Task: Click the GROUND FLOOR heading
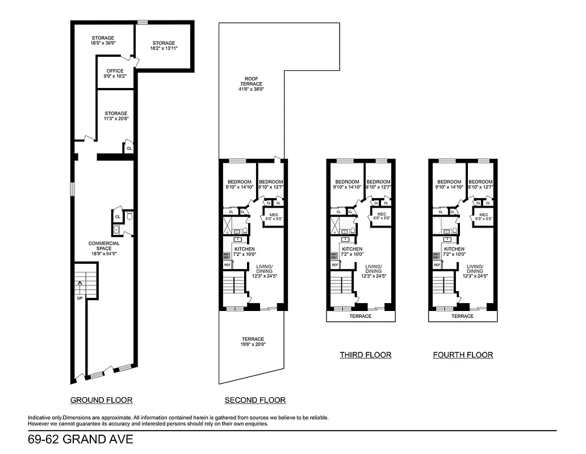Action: point(101,400)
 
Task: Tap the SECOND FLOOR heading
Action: point(255,400)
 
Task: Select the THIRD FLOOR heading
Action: point(365,355)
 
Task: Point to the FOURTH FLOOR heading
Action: point(463,355)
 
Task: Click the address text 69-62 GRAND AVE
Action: point(80,440)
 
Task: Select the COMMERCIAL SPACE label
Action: point(104,247)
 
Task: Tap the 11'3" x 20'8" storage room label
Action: point(115,116)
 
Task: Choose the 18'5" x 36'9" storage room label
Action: point(103,41)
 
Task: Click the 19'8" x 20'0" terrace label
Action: point(253,342)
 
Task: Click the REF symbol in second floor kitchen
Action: point(227,265)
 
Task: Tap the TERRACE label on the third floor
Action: point(360,316)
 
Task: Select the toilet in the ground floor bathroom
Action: point(129,216)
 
